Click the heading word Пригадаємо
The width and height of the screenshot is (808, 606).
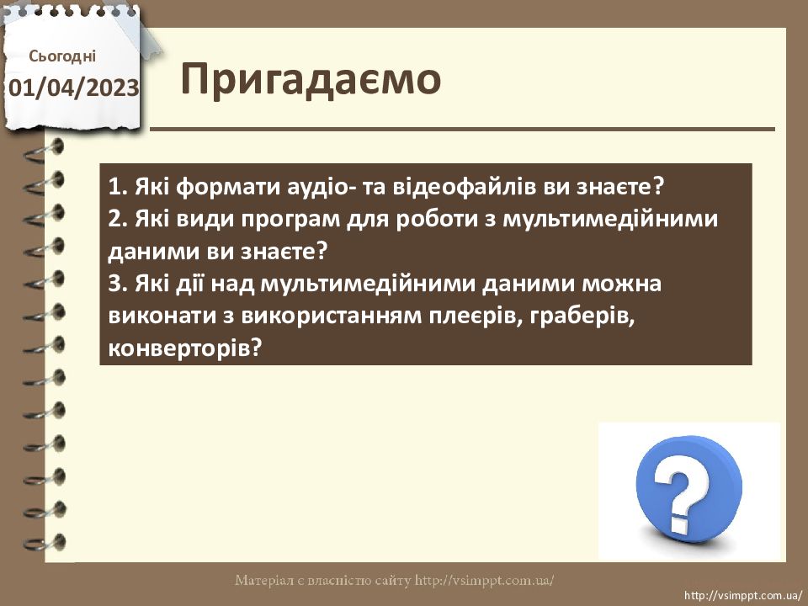click(x=311, y=81)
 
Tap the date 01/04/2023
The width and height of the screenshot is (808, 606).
click(x=74, y=88)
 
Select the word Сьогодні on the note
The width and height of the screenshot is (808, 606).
click(x=62, y=56)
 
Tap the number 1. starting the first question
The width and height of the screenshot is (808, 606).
click(x=118, y=187)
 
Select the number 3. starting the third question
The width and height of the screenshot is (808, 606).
click(x=118, y=284)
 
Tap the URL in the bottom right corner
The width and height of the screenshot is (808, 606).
click(x=743, y=595)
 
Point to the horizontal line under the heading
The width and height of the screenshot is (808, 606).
click(x=462, y=129)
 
